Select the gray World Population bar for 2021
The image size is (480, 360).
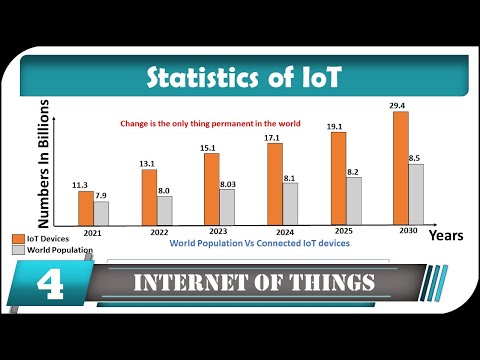pos(101,212)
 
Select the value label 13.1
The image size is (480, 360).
pos(148,163)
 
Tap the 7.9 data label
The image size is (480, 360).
pos(101,195)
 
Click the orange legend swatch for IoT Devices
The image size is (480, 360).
pos(17,239)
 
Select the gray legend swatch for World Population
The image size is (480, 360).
pos(17,251)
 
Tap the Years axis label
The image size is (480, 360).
pos(445,236)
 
